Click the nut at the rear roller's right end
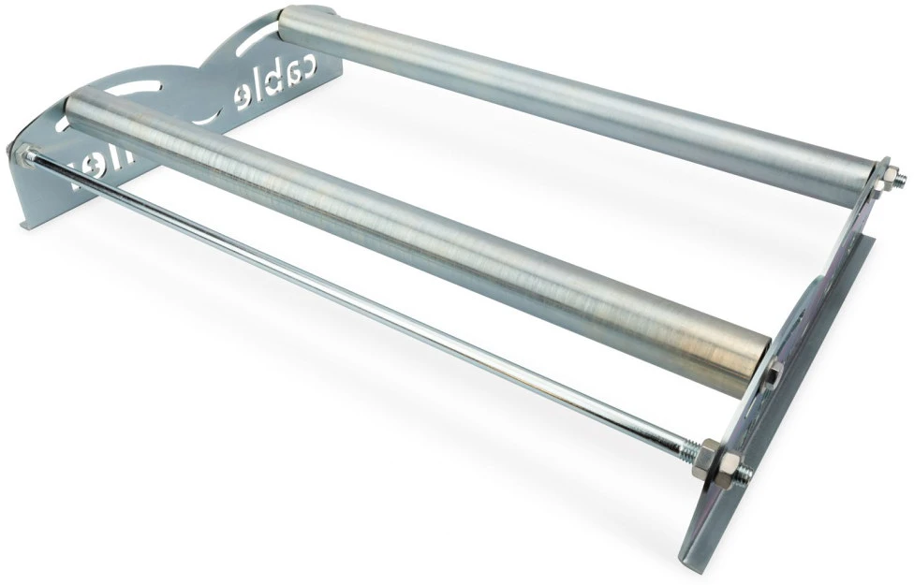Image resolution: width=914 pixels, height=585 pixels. (885, 174)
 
